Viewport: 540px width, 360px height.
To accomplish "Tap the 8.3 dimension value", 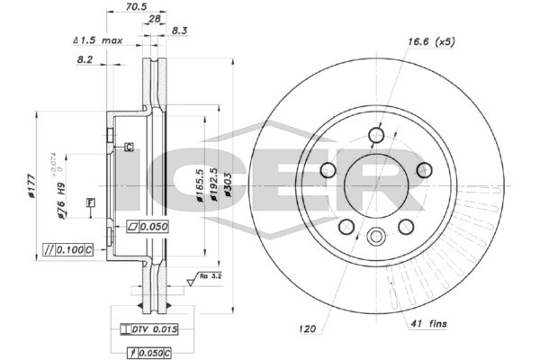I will coord(179,31).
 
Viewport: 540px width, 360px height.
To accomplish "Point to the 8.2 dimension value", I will coord(85,59).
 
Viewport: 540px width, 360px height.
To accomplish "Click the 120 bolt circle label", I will coord(309,329).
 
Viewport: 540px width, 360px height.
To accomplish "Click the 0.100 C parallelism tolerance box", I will coord(68,247).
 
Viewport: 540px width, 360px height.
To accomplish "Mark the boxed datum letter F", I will coord(90,202).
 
